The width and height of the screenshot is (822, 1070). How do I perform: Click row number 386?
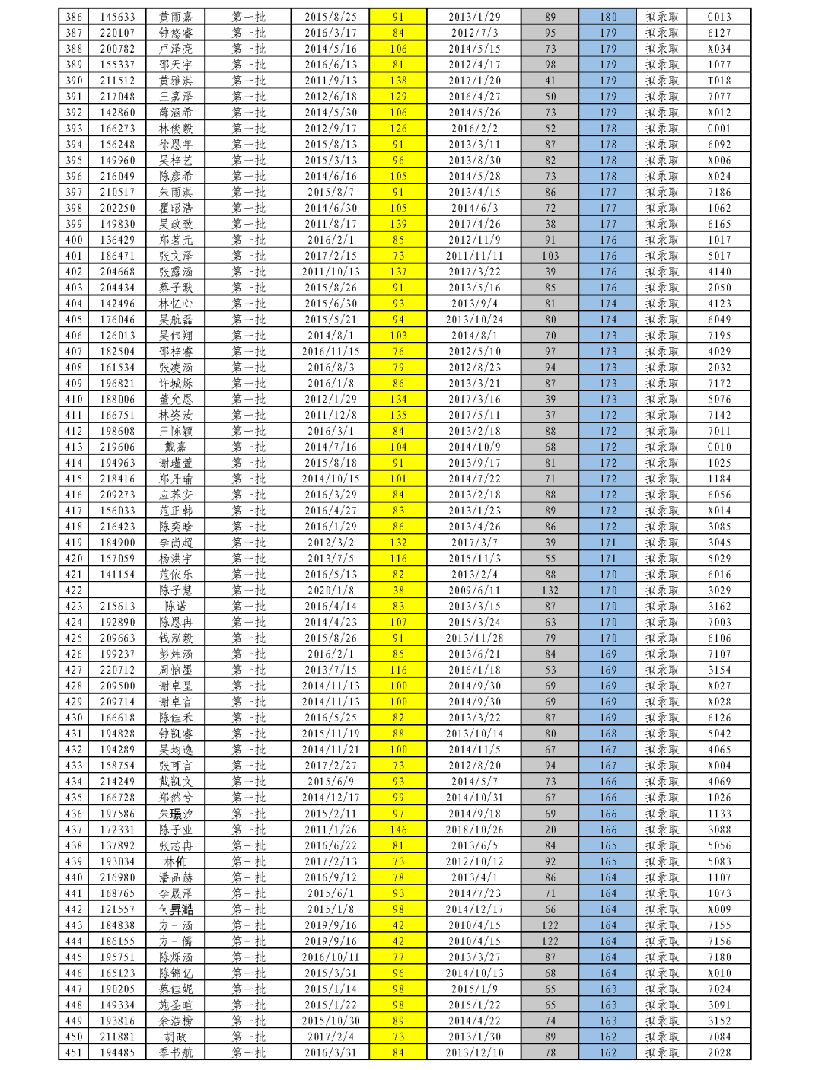click(74, 17)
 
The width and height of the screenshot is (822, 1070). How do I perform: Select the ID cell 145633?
click(117, 17)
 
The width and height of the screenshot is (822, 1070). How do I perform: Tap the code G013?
click(718, 17)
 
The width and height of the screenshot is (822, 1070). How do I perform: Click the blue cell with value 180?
click(607, 17)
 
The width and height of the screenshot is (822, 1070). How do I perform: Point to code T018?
click(718, 81)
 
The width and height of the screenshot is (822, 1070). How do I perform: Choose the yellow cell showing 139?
click(398, 224)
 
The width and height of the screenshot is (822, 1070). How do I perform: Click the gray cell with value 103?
click(550, 256)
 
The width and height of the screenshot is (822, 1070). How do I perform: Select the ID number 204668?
click(117, 272)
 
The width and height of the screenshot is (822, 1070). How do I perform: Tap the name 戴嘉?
click(175, 447)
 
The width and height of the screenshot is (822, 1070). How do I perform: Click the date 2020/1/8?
click(330, 591)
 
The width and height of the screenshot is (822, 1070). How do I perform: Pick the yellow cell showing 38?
click(398, 591)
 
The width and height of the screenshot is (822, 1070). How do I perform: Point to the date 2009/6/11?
click(473, 591)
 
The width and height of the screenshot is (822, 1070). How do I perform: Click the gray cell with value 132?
click(550, 591)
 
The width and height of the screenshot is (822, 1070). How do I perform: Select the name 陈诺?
click(175, 607)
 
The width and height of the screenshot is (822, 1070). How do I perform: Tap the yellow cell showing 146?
click(398, 830)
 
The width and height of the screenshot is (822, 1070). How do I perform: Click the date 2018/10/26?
click(473, 830)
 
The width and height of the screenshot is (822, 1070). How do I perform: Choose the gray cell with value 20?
click(550, 830)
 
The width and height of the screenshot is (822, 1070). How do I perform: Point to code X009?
click(718, 909)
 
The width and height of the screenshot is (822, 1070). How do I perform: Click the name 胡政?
click(175, 1037)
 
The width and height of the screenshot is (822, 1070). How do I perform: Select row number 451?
click(74, 1052)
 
